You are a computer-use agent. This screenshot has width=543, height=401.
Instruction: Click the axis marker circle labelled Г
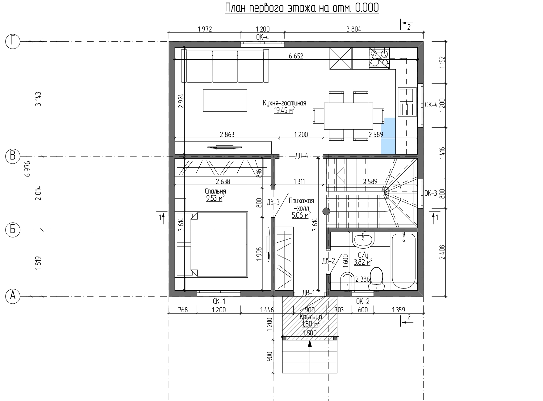13,41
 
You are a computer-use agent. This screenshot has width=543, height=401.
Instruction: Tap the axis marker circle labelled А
13,296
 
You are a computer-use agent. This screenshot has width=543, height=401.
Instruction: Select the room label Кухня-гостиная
284,103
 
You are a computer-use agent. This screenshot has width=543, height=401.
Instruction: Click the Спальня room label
215,191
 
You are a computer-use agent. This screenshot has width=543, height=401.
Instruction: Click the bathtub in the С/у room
404,261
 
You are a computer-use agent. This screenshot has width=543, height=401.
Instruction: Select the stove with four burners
379,58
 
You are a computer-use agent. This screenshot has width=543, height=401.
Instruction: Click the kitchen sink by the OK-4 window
407,102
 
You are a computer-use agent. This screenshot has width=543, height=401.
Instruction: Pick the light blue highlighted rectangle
388,136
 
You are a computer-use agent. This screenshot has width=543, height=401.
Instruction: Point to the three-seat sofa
225,66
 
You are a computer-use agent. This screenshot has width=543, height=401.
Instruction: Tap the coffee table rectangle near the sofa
225,100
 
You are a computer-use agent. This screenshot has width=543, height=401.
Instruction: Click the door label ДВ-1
308,292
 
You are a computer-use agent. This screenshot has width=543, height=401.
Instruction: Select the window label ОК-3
431,194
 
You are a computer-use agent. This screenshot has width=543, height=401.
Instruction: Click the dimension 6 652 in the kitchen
296,56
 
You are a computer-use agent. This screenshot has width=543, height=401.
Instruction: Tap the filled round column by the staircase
326,211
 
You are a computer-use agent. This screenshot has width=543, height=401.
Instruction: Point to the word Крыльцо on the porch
311,317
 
